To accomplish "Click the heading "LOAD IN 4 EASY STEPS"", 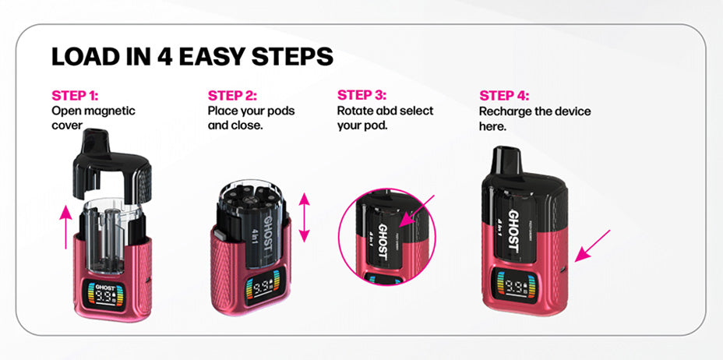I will click(192, 57).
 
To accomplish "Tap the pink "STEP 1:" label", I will click(75, 96).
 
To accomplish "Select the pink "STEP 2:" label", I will click(231, 96).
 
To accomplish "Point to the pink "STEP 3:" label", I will click(361, 95).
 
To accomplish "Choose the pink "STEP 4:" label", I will click(503, 96).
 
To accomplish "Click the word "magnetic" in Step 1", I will click(110, 111).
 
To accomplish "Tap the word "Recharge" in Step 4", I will click(506, 111).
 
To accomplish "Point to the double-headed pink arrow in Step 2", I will click(304, 218).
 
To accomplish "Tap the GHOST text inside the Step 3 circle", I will click(383, 243).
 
